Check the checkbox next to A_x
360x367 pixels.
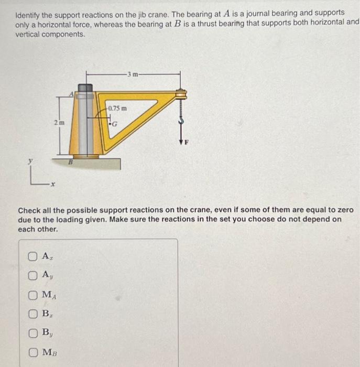point(33,257)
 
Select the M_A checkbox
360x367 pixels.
point(33,295)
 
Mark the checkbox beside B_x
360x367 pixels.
point(33,314)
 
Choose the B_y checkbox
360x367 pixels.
point(33,332)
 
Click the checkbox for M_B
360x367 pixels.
point(33,351)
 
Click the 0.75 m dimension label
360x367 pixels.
point(117,108)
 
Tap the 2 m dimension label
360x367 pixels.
point(60,123)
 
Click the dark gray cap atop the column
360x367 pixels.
point(85,87)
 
